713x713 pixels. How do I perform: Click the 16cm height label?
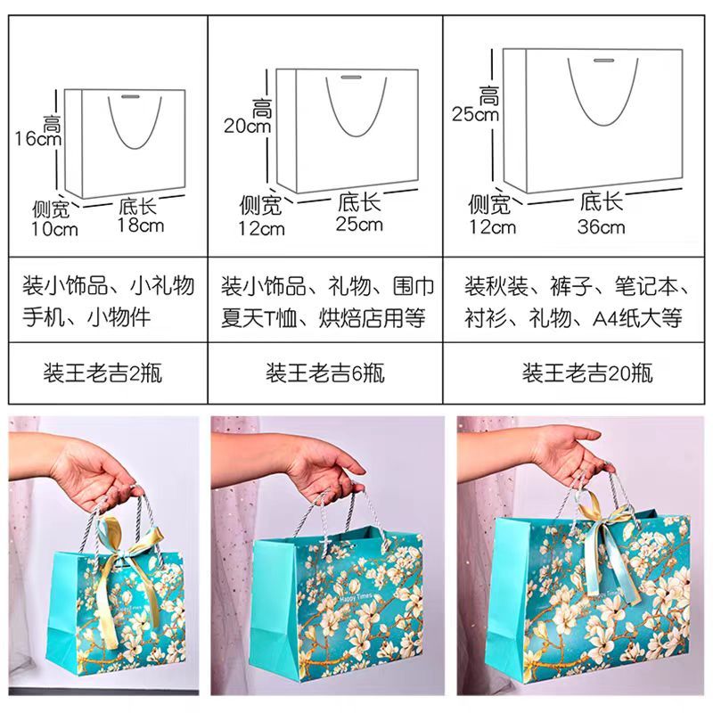tap(38, 139)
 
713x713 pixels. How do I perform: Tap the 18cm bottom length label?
tap(141, 225)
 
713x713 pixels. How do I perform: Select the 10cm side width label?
tap(54, 229)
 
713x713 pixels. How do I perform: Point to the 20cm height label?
tap(248, 126)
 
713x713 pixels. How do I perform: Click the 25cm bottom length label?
tap(359, 225)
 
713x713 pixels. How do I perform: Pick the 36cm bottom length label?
tap(601, 227)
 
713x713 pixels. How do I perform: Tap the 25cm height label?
tap(475, 114)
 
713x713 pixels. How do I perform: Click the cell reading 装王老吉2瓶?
tap(102, 373)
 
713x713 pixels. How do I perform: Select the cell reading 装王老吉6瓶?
tap(325, 373)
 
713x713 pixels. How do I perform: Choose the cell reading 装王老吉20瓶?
tap(587, 373)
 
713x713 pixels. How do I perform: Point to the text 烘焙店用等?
tap(372, 318)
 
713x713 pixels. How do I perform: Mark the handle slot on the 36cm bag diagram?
tap(602, 61)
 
